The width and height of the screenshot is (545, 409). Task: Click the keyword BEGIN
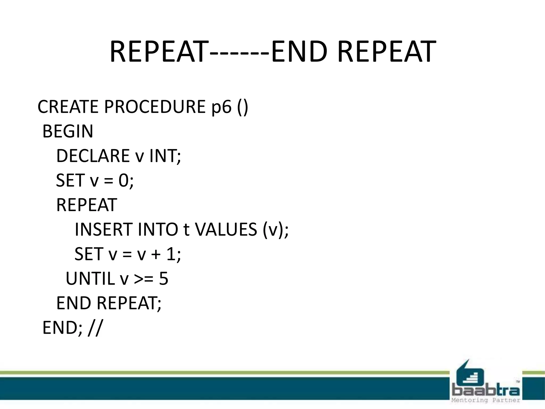click(x=68, y=131)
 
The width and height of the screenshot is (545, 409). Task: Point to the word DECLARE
click(x=93, y=156)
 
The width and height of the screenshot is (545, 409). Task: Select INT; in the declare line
click(x=165, y=156)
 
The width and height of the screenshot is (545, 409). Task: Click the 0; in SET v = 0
click(x=126, y=181)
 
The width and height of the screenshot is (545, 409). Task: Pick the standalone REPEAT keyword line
click(x=86, y=205)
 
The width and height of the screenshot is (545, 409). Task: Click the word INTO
click(x=158, y=230)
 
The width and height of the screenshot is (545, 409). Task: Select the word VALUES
click(x=226, y=230)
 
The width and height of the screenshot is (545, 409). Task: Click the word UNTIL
click(x=90, y=279)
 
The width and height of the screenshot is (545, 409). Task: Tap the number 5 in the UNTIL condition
click(x=164, y=279)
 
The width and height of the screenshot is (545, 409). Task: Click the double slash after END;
click(x=95, y=328)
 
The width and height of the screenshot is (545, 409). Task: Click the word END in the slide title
click(x=299, y=52)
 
